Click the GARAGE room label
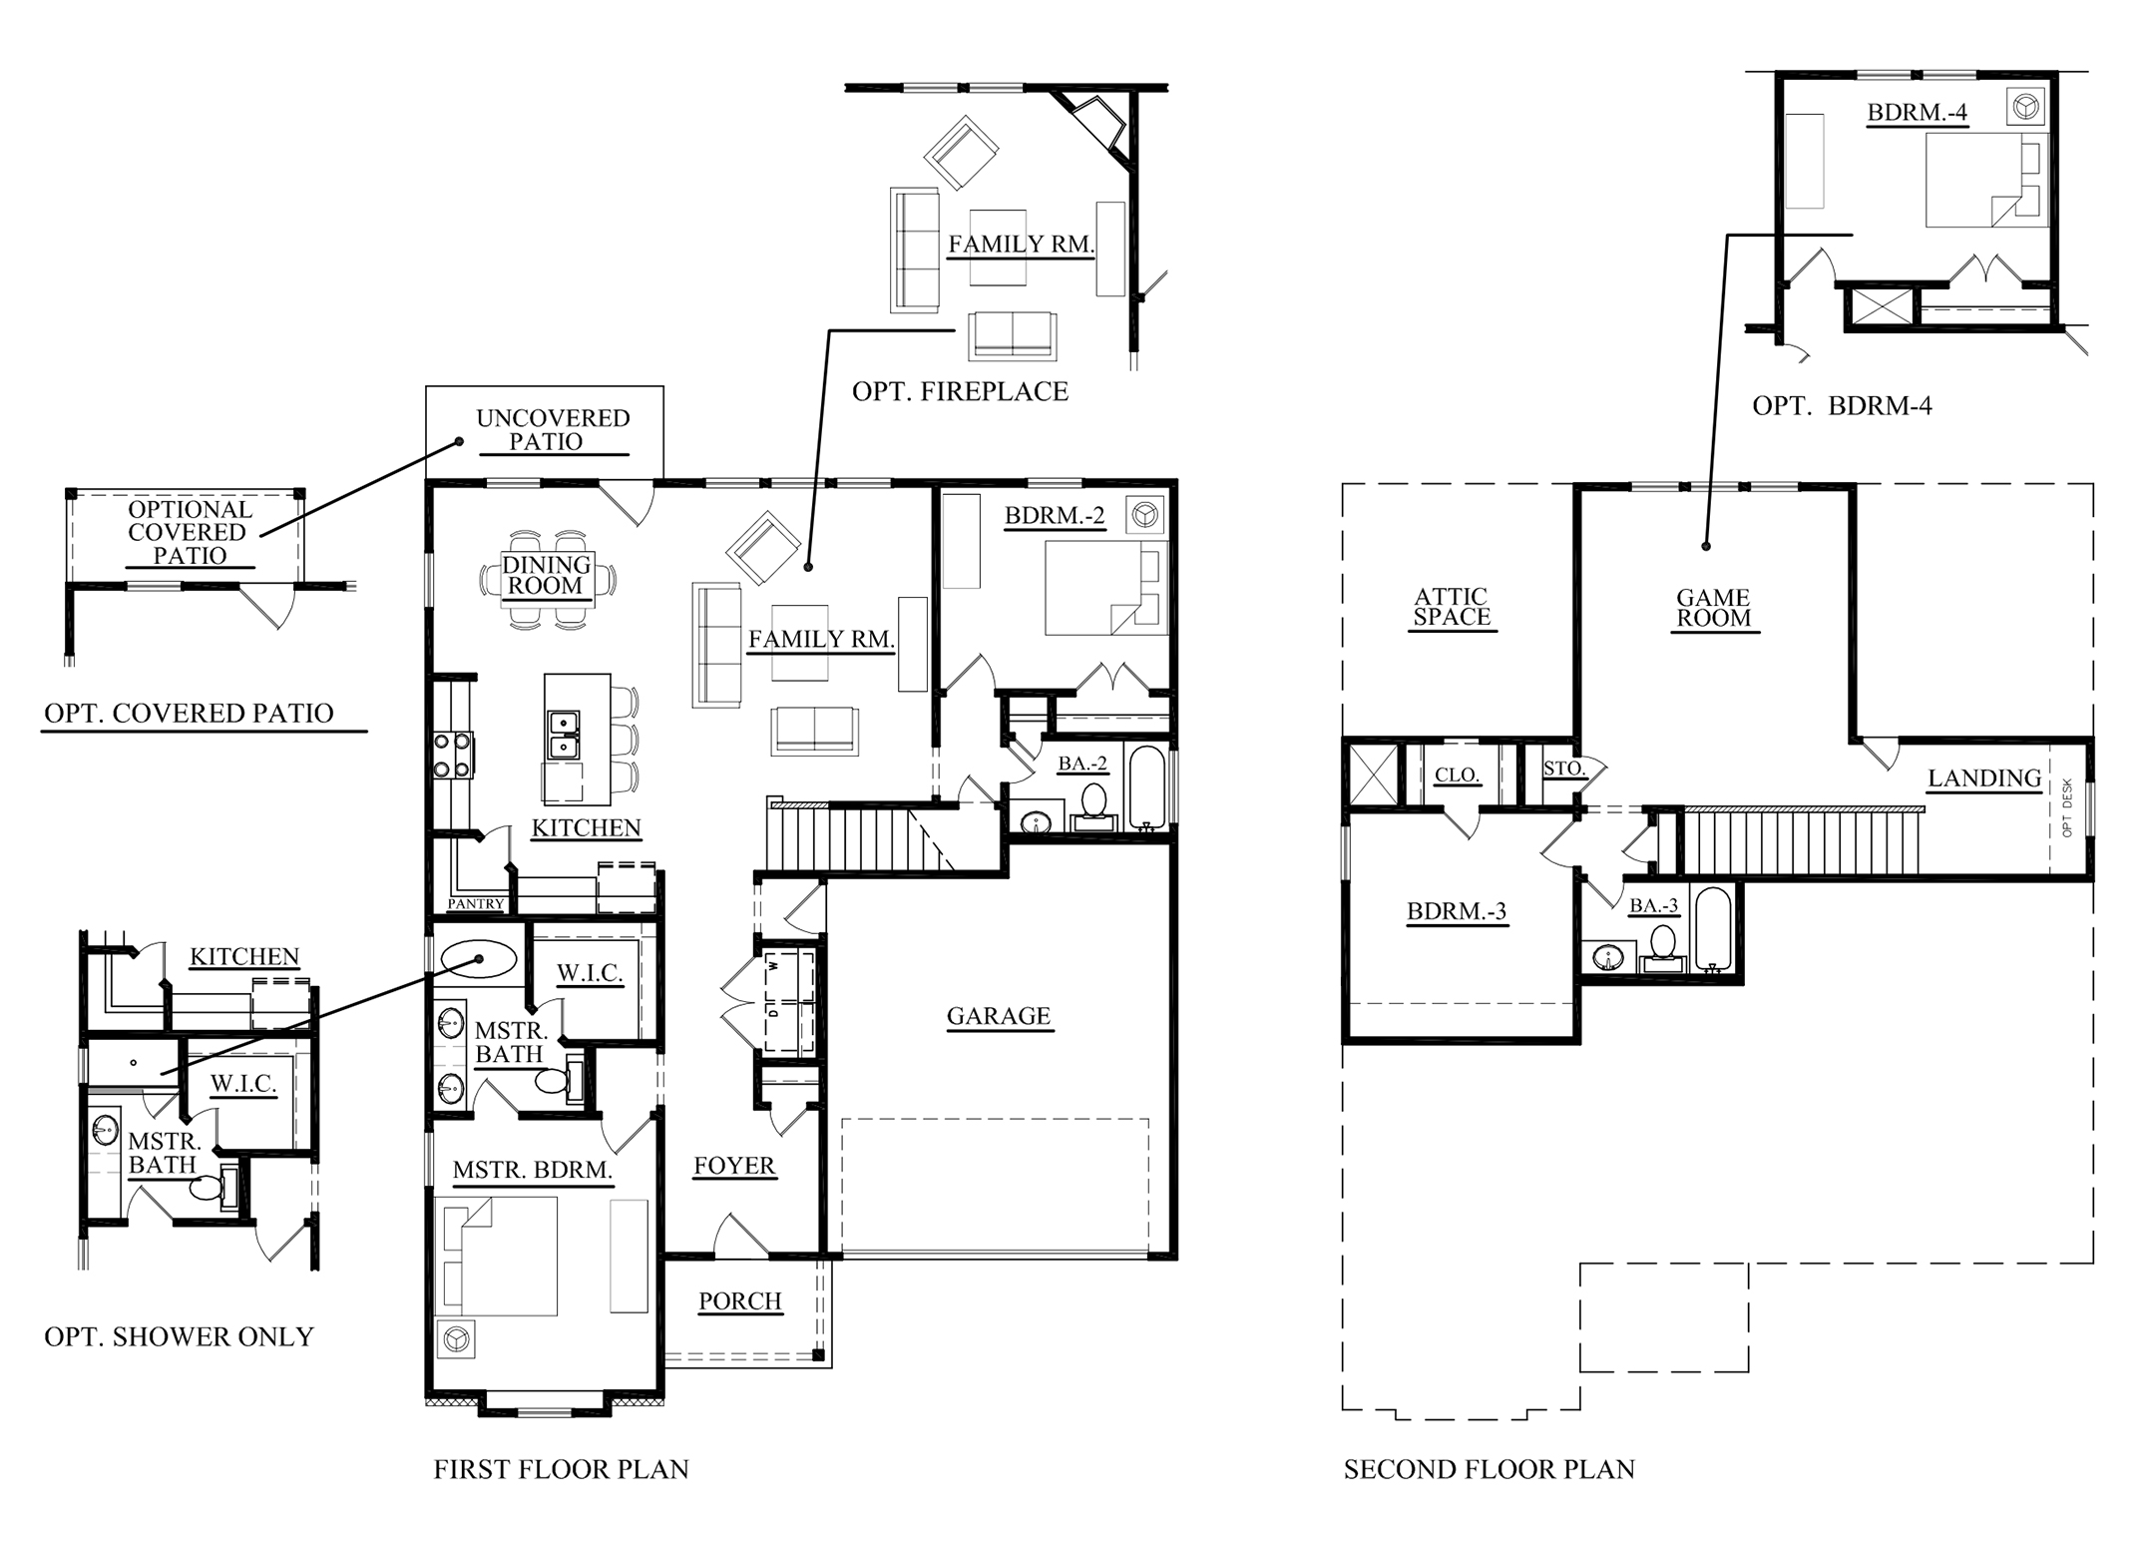tap(998, 1016)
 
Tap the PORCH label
tap(739, 1301)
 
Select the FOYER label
tap(734, 1166)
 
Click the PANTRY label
tap(476, 904)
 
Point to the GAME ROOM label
tap(1713, 608)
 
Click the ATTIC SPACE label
tap(1452, 607)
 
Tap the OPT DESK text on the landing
tap(2067, 808)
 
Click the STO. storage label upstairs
tap(1563, 769)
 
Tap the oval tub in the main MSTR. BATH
tap(478, 961)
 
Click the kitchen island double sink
tap(564, 734)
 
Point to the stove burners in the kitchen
tap(452, 755)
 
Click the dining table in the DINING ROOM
tap(547, 578)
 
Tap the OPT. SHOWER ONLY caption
tap(179, 1336)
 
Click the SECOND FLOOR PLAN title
tap(1489, 1469)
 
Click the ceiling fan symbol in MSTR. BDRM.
tap(456, 1338)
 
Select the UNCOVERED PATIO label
tap(553, 430)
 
